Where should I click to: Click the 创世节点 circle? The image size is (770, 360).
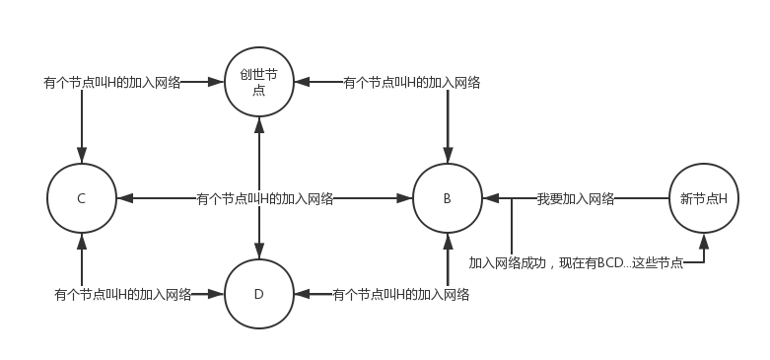tap(258, 83)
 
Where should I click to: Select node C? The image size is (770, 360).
tap(81, 198)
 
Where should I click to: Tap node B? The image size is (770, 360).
tap(447, 198)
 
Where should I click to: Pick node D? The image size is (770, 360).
tap(258, 294)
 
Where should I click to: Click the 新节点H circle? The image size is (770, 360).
tap(703, 198)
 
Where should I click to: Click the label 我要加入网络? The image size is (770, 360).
tap(576, 198)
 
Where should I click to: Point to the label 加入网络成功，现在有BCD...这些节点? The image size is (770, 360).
tap(576, 262)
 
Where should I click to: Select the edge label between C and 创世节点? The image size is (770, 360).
tap(111, 83)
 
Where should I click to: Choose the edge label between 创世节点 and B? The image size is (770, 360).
tap(411, 83)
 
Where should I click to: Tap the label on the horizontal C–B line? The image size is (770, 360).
tap(264, 198)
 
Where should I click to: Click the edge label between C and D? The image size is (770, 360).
tap(122, 294)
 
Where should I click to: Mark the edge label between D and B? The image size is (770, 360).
tap(400, 294)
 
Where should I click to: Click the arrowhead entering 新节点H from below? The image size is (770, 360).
tap(703, 240)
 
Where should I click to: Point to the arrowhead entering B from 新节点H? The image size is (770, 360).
tap(489, 198)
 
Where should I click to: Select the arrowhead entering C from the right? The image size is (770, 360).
tap(122, 198)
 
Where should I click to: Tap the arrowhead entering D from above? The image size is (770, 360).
tap(258, 252)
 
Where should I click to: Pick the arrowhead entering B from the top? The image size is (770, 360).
tap(447, 158)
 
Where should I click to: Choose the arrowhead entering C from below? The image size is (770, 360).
tap(81, 240)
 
